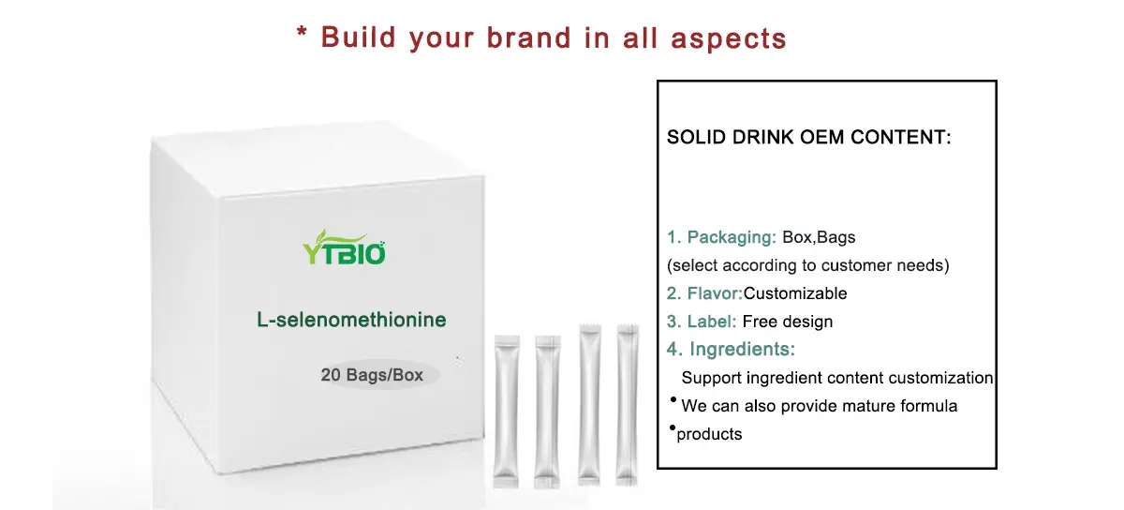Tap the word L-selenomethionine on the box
tap(351, 320)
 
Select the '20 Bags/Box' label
tap(372, 375)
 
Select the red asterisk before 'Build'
tap(302, 36)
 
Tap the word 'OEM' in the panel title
tap(832, 137)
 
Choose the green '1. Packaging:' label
tap(722, 237)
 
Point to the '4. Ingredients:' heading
tap(731, 350)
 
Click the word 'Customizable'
tap(795, 293)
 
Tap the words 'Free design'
tap(787, 322)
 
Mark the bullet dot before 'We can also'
tap(673, 400)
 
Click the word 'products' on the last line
tap(709, 434)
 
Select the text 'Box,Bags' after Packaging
tap(819, 237)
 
